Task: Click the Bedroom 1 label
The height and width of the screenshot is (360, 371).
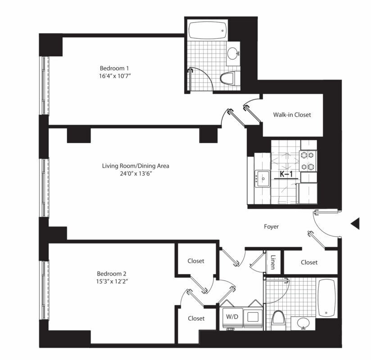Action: tap(114, 68)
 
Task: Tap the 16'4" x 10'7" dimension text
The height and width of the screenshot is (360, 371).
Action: tap(115, 76)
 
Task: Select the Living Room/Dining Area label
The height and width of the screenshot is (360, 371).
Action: tap(136, 166)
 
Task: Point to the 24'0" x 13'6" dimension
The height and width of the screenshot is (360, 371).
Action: tap(136, 174)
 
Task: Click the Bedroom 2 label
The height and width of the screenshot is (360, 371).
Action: tap(112, 274)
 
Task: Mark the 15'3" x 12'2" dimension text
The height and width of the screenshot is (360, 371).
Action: tap(112, 281)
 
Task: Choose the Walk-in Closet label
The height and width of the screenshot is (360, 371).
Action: tap(292, 115)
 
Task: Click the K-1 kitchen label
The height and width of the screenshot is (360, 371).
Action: tap(286, 174)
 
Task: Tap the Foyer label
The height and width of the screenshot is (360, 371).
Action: tap(271, 227)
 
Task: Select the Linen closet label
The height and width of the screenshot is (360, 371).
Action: tap(273, 262)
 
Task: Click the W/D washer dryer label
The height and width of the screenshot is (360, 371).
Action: tap(232, 317)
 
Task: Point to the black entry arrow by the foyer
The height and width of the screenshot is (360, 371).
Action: tap(355, 224)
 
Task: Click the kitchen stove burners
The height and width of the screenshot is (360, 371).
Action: tap(308, 161)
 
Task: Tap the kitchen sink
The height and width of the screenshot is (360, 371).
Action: tap(262, 179)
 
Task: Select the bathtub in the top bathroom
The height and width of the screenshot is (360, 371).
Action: tap(208, 31)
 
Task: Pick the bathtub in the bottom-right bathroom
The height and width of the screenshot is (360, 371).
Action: tap(327, 298)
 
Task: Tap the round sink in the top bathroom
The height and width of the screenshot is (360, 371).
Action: tap(233, 54)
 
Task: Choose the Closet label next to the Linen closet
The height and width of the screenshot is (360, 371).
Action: tap(309, 262)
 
